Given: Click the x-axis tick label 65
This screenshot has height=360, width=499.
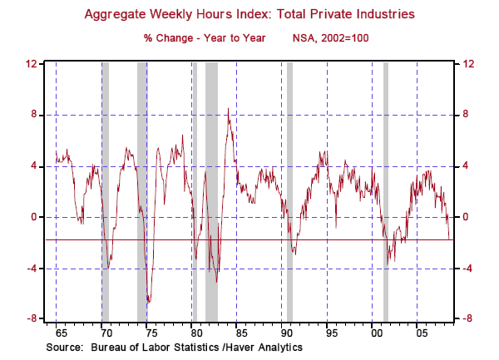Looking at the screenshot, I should (x=57, y=332).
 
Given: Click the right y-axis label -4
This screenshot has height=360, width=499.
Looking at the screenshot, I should (x=467, y=269).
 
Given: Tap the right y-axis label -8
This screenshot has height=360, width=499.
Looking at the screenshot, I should (x=467, y=319).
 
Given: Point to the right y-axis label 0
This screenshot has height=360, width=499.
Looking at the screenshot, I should (x=465, y=217).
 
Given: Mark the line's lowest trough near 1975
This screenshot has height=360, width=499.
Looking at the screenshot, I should (x=149, y=302).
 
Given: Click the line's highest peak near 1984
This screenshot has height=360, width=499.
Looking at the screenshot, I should (x=229, y=108).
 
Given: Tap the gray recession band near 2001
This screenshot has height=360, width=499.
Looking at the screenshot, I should (x=386, y=191).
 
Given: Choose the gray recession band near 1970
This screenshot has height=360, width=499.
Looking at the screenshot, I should (x=106, y=191).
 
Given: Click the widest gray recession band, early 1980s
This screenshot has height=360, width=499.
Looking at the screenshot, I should (x=211, y=191).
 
